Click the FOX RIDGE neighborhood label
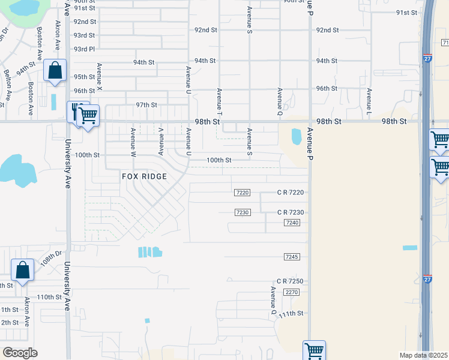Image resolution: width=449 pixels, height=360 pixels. pos(143,176)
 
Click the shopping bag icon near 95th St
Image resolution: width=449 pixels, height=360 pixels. pos(55,70)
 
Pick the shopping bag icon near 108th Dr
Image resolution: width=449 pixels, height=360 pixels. pos(23,271)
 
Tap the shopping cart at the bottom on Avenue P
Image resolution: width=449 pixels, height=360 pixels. pos(314,350)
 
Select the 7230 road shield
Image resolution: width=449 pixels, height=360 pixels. pos(243,212)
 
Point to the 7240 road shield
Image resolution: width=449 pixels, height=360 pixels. pos(292,223)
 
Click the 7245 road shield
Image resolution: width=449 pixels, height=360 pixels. pos(292,257)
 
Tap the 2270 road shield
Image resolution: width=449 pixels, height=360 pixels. pos(292,292)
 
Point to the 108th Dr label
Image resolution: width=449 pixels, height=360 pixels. pos(52,260)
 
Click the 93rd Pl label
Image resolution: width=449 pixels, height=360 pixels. pos(84,49)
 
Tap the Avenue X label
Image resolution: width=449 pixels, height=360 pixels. pos(100,78)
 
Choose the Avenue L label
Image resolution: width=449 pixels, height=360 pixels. pos(369,102)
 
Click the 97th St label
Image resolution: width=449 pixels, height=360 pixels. pos(146,104)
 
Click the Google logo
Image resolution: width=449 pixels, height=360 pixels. pos(20,353)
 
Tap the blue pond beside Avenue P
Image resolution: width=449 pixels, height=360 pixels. pos(297,137)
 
